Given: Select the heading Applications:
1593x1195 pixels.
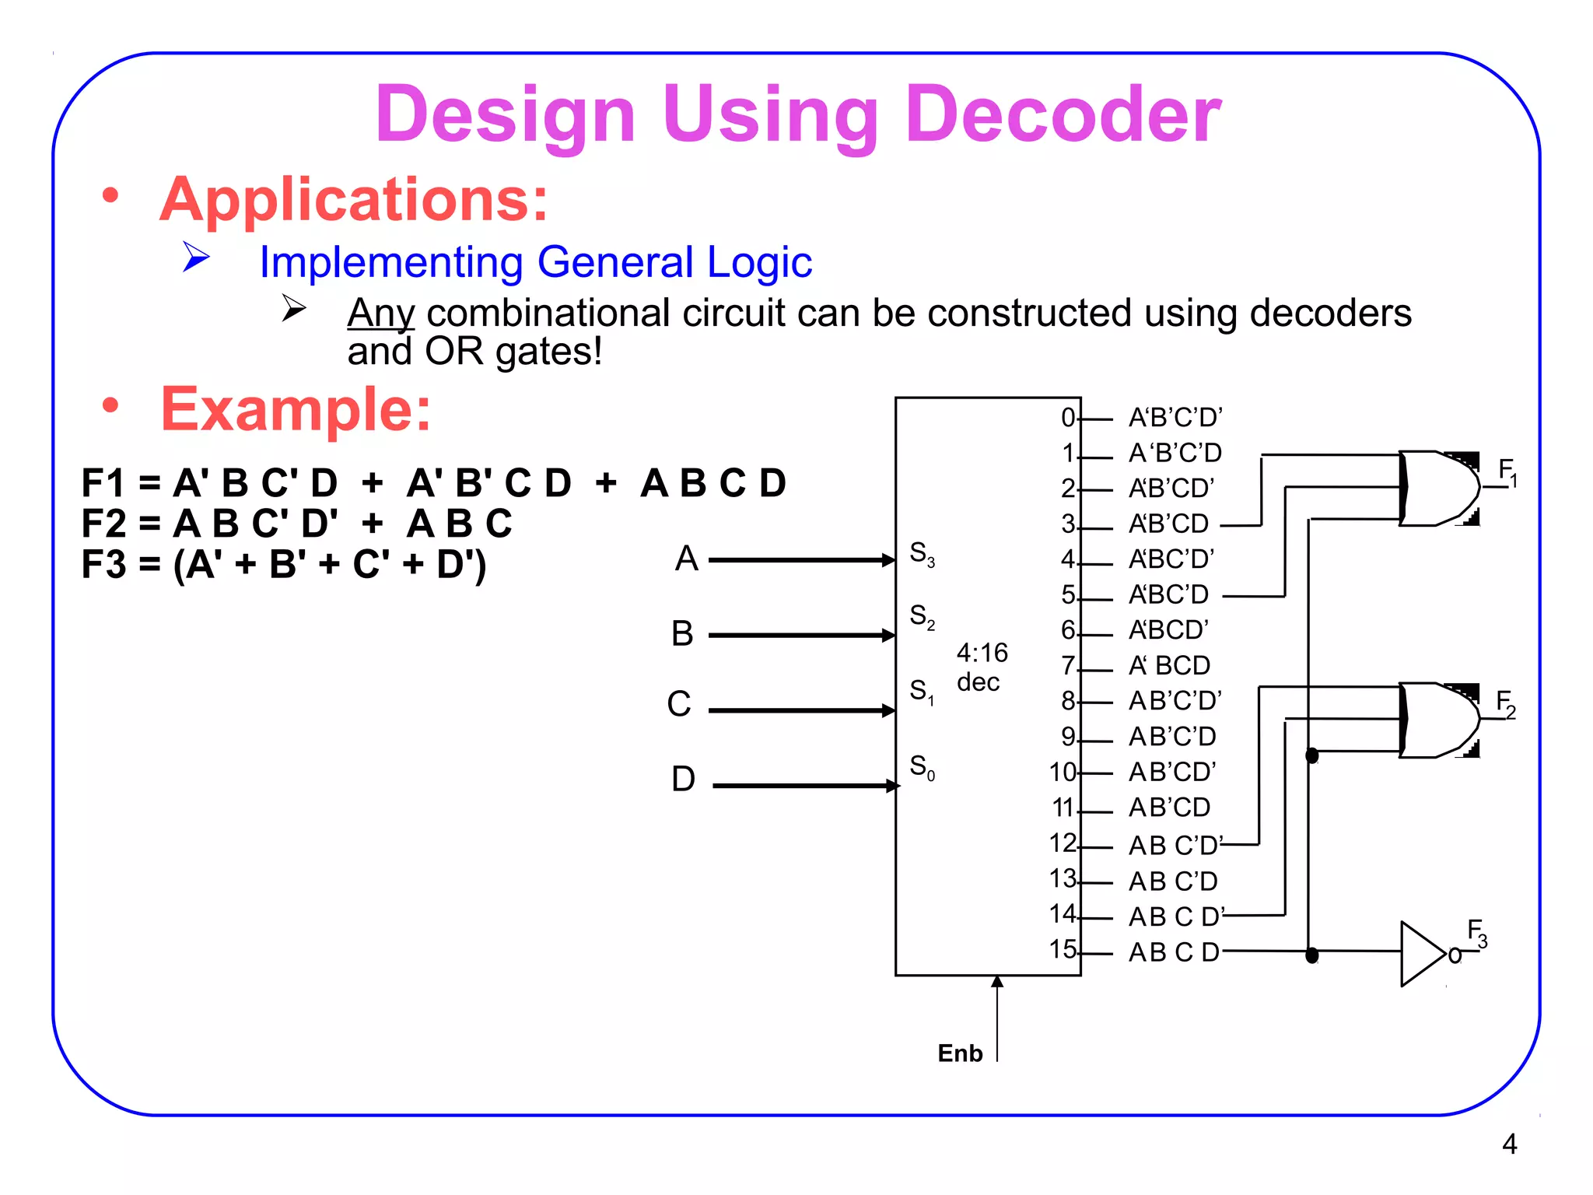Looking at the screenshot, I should click(354, 199).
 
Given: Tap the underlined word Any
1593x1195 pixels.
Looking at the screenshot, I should click(380, 314).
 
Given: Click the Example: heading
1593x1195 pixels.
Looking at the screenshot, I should click(296, 409).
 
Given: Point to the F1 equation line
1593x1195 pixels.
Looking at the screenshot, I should click(433, 483).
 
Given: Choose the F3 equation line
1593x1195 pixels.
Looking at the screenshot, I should click(284, 564).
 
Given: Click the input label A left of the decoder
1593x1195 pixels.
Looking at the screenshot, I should click(686, 559).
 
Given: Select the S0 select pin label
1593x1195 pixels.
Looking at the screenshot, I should click(922, 767).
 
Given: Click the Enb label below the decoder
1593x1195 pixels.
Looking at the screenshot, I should click(960, 1053).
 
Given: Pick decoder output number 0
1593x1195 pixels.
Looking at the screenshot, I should click(1068, 418).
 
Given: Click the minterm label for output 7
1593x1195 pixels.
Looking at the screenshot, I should click(1169, 666).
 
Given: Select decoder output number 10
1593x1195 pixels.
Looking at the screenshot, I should click(1062, 772).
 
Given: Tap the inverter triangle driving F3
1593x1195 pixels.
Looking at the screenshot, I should click(1421, 954).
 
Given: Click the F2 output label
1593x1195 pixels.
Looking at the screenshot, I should click(1506, 704).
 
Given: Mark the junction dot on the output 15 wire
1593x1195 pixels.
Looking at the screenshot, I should click(1311, 955).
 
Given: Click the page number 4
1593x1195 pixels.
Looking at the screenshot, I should click(1509, 1144).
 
